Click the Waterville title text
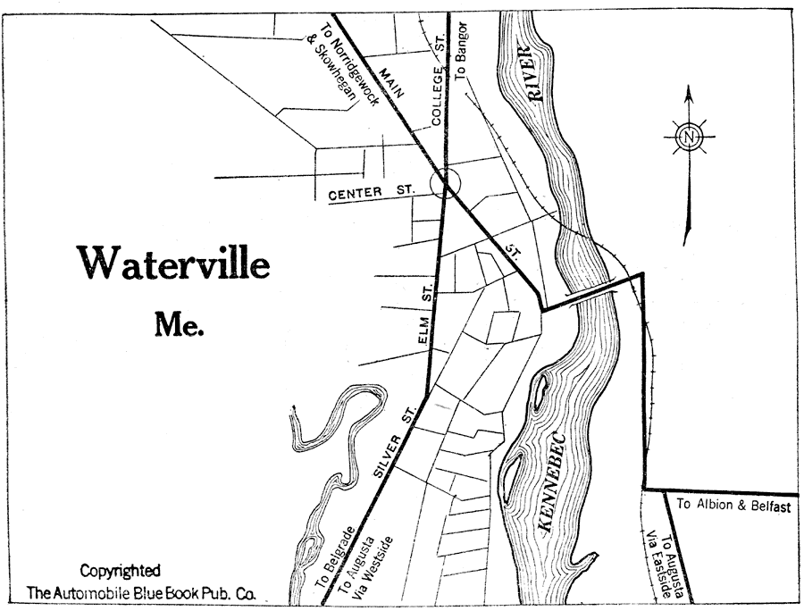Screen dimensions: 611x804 click(172, 262)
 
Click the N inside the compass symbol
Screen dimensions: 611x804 click(689, 138)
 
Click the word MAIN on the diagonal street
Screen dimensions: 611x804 click(391, 80)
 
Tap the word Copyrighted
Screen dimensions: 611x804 click(121, 571)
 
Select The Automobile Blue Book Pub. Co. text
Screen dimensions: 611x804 click(140, 591)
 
